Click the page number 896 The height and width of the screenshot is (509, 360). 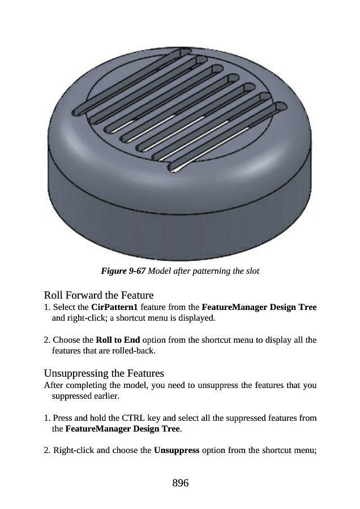[181, 483]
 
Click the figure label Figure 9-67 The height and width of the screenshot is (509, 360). [123, 271]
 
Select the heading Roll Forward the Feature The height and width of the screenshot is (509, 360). [98, 295]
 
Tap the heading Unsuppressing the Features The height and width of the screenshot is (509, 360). [104, 373]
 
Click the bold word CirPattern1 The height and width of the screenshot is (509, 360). [115, 307]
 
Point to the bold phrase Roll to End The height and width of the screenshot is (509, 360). [118, 340]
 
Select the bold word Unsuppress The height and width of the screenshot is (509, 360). [177, 451]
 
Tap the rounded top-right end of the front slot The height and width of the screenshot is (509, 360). [281, 107]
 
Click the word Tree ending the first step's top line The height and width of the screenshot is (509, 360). [307, 307]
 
